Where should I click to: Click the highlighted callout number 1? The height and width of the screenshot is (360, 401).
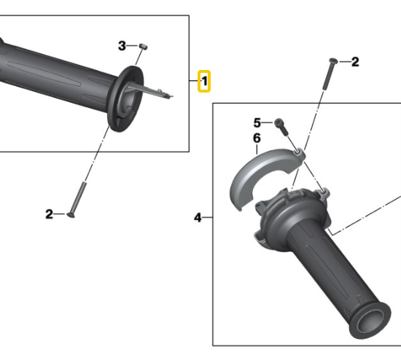click(x=204, y=82)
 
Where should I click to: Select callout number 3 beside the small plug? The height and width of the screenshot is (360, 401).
click(x=122, y=46)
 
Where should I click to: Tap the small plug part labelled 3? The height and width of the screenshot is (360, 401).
click(x=143, y=47)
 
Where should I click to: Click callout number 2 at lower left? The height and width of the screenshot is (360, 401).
click(x=49, y=214)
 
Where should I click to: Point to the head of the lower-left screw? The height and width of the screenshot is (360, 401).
click(x=71, y=215)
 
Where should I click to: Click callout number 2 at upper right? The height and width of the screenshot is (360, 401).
click(x=355, y=62)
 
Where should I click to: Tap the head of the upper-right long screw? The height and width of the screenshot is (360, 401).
click(x=333, y=60)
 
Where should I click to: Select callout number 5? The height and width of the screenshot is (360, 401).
click(x=257, y=122)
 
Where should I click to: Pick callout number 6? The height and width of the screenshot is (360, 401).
click(x=257, y=138)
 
